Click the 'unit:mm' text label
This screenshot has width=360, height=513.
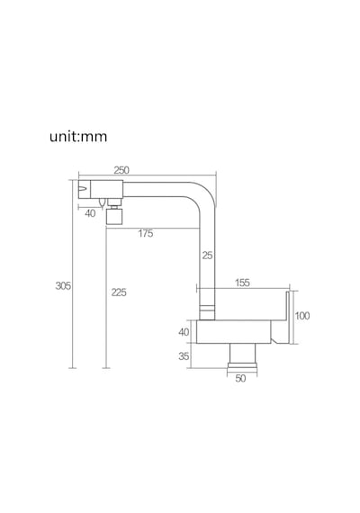pos(78,136)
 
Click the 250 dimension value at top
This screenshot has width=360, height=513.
pos(121,170)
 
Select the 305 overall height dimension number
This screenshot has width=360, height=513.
pos(63,285)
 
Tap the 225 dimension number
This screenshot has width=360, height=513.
pos(119,292)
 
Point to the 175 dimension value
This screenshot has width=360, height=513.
pos(145,233)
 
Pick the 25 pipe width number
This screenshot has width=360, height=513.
pos(207,256)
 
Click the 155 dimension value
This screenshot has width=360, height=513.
pos(242,283)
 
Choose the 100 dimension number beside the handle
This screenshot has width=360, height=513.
pos(302,316)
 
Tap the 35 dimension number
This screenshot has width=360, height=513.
pos(184,356)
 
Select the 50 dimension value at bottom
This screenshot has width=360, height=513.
pos(240,378)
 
